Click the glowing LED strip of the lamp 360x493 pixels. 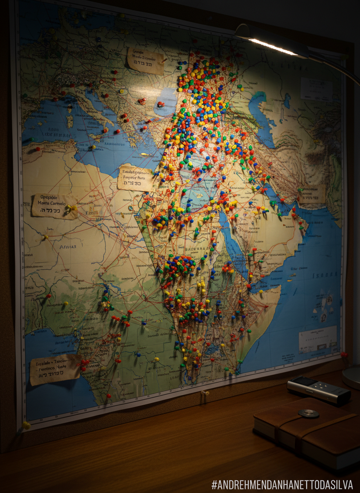coord(273,47)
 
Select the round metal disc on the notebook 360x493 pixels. coord(308,413)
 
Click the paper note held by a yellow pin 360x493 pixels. coord(54,206)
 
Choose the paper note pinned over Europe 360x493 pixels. coord(145,61)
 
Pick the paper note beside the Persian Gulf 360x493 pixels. coord(312,194)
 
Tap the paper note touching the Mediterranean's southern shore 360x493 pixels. coord(135,178)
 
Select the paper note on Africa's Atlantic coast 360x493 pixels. coord(55,369)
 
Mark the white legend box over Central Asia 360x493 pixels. coord(316,89)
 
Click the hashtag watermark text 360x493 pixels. coord(282,485)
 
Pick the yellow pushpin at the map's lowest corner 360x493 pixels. coord(26,425)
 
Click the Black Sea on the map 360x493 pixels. coord(167,102)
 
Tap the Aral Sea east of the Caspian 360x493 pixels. coord(287,100)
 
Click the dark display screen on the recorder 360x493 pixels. coord(305,382)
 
